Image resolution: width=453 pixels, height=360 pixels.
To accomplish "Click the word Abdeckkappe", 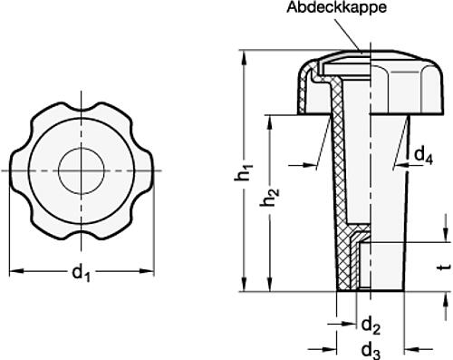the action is [x=336, y=8].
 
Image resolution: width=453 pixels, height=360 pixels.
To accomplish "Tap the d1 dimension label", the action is [x=81, y=272].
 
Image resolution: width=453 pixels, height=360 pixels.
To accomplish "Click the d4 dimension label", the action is [x=423, y=156].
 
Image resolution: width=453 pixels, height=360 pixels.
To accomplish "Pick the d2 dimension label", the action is [x=371, y=326].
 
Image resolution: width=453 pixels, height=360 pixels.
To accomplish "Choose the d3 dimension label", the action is [x=371, y=351].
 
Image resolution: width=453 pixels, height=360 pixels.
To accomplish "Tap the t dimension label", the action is [x=445, y=267].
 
